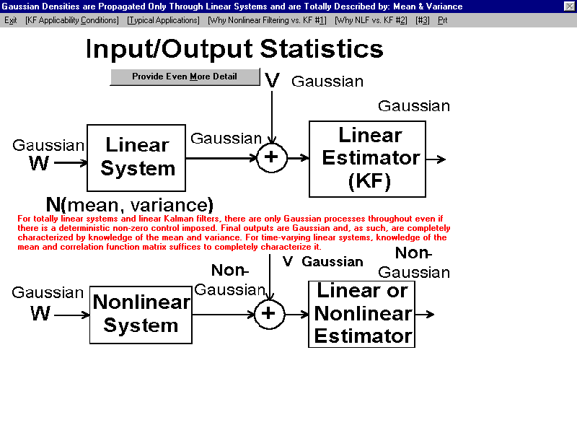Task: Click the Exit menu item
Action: (x=10, y=20)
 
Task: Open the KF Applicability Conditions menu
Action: (x=71, y=20)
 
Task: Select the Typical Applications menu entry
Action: (x=164, y=20)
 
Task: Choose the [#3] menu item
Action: (x=423, y=20)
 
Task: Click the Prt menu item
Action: (x=442, y=20)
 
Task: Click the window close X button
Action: (x=569, y=6)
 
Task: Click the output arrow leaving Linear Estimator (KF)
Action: (x=436, y=159)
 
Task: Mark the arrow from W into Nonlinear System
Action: (x=71, y=315)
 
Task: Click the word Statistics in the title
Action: (x=322, y=49)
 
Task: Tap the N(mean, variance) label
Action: (x=130, y=204)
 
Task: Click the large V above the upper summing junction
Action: (x=273, y=80)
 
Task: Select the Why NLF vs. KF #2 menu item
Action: (x=371, y=20)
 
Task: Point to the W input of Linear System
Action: (x=39, y=163)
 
